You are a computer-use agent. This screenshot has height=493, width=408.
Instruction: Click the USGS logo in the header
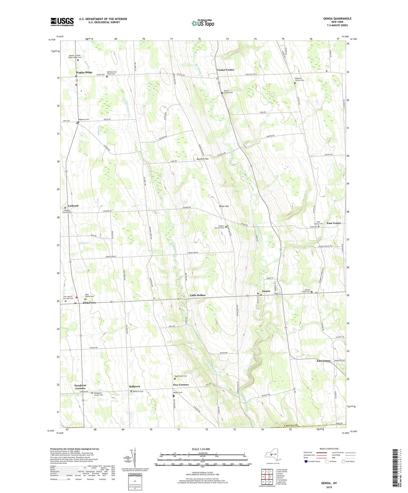tap(62, 22)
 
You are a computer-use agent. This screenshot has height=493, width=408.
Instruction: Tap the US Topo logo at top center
tap(203, 23)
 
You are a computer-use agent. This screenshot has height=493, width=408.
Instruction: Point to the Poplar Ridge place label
tap(84, 73)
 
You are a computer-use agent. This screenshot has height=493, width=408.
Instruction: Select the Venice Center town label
tap(225, 70)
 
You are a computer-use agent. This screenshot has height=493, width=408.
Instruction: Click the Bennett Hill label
tap(202, 159)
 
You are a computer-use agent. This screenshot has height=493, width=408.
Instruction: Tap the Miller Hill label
tap(224, 206)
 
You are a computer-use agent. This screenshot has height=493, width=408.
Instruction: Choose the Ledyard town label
tap(73, 206)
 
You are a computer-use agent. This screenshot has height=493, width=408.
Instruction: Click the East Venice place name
tap(334, 223)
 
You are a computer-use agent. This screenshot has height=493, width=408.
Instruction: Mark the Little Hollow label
tap(198, 295)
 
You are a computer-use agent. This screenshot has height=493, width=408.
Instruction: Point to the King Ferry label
tap(89, 303)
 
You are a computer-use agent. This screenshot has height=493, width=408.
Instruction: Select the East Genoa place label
tap(323, 361)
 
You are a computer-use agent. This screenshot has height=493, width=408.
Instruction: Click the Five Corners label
tap(181, 385)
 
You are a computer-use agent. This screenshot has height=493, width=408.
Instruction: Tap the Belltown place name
tap(134, 387)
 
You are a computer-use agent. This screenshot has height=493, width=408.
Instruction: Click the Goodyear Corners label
tap(80, 387)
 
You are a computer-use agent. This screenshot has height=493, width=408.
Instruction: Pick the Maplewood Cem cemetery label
tap(181, 376)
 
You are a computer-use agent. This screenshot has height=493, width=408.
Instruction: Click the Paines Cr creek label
tap(84, 243)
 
